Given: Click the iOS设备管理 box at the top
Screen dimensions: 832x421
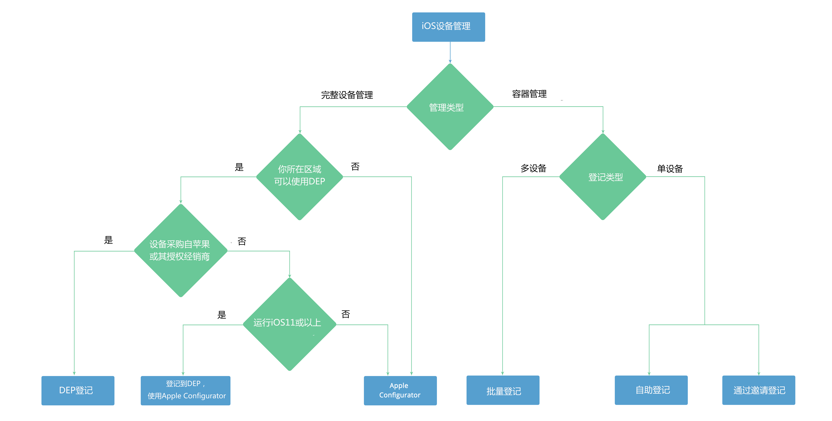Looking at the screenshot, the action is coord(448,27).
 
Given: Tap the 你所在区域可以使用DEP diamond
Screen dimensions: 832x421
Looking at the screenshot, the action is coord(300,177).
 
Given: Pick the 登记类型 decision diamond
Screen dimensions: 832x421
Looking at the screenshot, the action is coord(603,177).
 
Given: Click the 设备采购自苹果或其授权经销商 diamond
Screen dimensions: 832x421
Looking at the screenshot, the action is coord(181,251).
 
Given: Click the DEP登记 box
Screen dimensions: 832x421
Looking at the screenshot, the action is coord(78,390).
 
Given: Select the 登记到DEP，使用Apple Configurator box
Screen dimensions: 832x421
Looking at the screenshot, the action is coord(185,390).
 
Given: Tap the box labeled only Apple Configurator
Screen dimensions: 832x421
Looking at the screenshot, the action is coord(400,390).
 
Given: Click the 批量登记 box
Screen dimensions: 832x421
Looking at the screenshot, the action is coord(503,390).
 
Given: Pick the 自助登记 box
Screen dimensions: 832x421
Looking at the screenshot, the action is coord(651,390).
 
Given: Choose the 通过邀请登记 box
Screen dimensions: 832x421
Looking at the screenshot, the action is coord(759,390).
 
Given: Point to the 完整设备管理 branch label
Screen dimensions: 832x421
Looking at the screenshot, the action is coord(347,95).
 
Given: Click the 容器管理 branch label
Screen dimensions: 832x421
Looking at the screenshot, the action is coord(529,94).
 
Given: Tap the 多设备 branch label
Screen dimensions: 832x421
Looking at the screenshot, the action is coord(533,168).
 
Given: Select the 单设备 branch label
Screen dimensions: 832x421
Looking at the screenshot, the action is coord(670,168).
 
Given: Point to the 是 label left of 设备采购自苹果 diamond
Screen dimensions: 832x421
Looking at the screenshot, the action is coord(108,240).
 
